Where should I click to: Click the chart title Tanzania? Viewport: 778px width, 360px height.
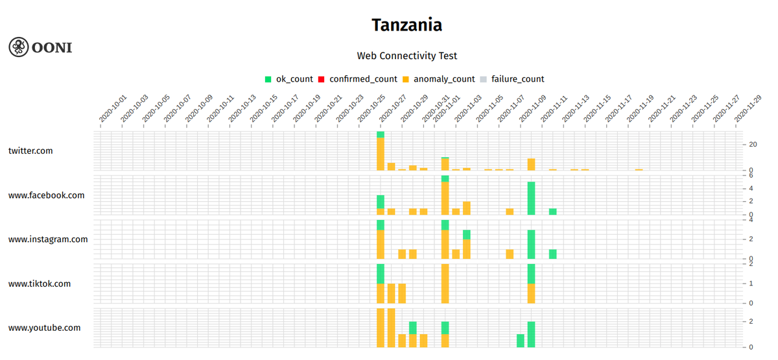pyautogui.click(x=407, y=25)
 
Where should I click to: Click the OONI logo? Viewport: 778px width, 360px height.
pyautogui.click(x=40, y=47)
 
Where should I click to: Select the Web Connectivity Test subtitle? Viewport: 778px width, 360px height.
pyautogui.click(x=407, y=56)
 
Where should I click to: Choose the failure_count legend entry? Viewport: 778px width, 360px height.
pyautogui.click(x=512, y=79)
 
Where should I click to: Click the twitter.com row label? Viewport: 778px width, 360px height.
pyautogui.click(x=30, y=150)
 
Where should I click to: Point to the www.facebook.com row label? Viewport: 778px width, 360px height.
pyautogui.click(x=46, y=195)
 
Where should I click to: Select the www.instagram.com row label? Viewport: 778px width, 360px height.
pyautogui.click(x=48, y=239)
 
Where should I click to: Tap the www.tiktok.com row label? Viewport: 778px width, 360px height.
pyautogui.click(x=40, y=283)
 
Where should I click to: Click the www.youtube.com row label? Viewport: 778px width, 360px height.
pyautogui.click(x=44, y=328)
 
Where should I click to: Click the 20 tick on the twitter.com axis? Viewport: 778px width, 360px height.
pyautogui.click(x=753, y=144)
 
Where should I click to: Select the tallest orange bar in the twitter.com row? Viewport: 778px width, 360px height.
pyautogui.click(x=381, y=154)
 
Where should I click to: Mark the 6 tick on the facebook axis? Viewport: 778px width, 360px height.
pyautogui.click(x=750, y=175)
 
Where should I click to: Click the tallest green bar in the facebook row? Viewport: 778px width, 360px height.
pyautogui.click(x=531, y=198)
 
